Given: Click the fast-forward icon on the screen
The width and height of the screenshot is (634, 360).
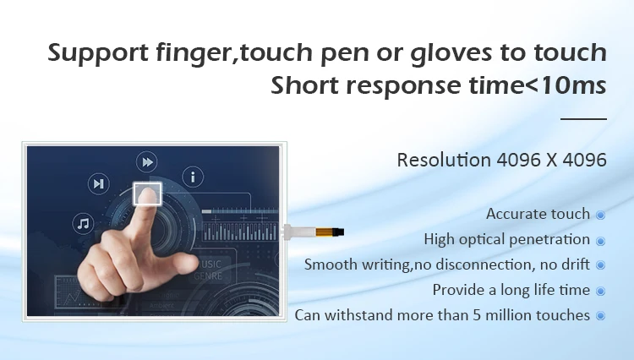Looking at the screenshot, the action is pyautogui.click(x=147, y=162).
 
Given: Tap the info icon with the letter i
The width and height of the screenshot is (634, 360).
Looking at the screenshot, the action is pyautogui.click(x=193, y=177).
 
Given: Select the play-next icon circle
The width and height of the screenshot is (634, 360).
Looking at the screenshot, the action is pyautogui.click(x=99, y=184).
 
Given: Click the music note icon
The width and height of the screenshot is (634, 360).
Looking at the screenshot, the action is pyautogui.click(x=84, y=223).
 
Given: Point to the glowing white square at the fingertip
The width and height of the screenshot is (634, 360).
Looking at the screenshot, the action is pyautogui.click(x=148, y=194).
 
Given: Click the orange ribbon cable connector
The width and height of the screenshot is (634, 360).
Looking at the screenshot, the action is pyautogui.click(x=327, y=232).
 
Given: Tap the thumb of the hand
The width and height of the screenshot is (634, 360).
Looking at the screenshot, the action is pyautogui.click(x=180, y=263).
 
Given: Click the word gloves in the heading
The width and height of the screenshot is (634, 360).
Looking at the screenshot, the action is pyautogui.click(x=451, y=54).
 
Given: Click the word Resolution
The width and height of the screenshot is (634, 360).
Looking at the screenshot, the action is pyautogui.click(x=444, y=160).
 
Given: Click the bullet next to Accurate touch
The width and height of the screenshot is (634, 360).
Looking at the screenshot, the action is pyautogui.click(x=601, y=215).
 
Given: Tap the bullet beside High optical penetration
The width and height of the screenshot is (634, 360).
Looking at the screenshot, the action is pyautogui.click(x=601, y=241).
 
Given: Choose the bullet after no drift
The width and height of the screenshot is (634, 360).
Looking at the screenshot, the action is pyautogui.click(x=601, y=265).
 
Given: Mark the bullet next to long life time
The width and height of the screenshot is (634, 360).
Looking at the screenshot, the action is pyautogui.click(x=601, y=291).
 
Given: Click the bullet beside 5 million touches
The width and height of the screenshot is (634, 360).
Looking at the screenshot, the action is pyautogui.click(x=601, y=316).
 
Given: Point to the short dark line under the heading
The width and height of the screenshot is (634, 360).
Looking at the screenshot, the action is pyautogui.click(x=583, y=119).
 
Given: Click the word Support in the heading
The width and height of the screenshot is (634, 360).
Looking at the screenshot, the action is pyautogui.click(x=98, y=53).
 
